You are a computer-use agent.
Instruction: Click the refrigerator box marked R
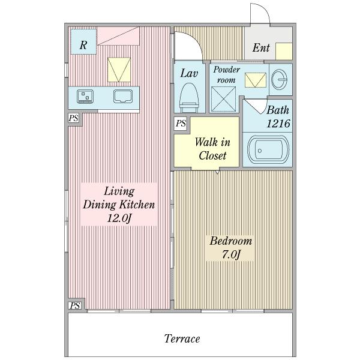click(x=83, y=41)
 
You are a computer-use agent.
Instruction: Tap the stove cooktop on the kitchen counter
click(x=85, y=97)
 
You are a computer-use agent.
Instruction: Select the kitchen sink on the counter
click(x=123, y=96)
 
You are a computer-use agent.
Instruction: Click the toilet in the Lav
click(x=189, y=98)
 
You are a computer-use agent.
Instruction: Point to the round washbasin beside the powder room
click(x=279, y=79)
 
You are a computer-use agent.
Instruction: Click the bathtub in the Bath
click(x=268, y=149)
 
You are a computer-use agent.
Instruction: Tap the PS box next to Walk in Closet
click(x=180, y=124)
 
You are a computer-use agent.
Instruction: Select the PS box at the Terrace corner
click(x=75, y=305)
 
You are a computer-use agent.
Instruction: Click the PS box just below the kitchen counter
click(x=73, y=118)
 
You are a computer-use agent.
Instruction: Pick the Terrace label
click(x=182, y=338)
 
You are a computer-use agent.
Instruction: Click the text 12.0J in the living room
click(x=119, y=218)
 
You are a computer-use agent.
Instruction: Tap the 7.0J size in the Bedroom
click(x=231, y=254)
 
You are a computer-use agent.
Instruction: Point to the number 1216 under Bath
click(x=278, y=124)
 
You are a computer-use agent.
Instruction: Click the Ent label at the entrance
click(x=261, y=48)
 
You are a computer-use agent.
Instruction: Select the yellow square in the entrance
click(x=284, y=52)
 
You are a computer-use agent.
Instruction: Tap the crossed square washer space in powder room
click(x=223, y=99)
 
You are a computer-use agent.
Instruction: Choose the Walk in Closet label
click(x=212, y=149)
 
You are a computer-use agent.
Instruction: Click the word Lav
click(x=189, y=73)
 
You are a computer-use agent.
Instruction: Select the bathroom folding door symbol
click(x=256, y=106)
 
